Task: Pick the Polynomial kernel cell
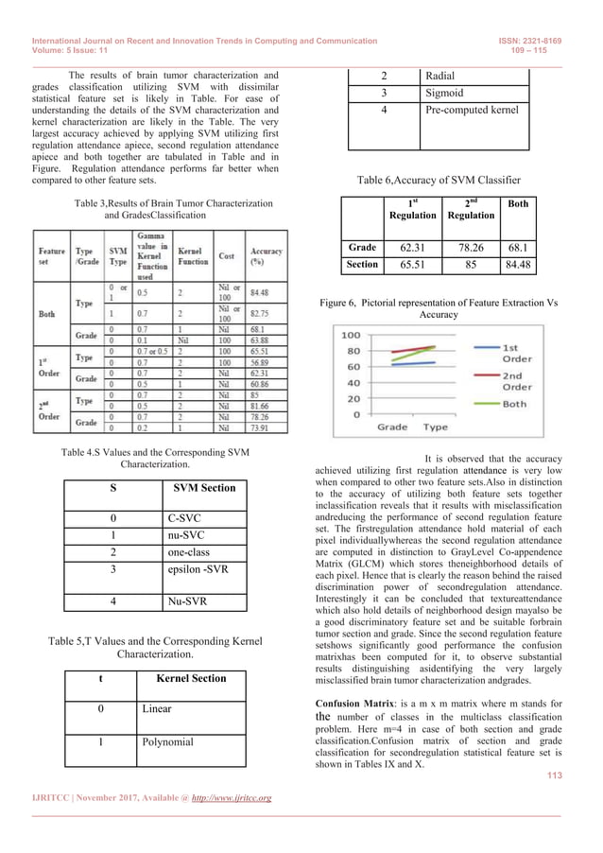167,741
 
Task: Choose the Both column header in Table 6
519,203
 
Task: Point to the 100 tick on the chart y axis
351,336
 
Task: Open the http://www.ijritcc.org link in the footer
224,798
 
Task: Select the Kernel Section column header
195,678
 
